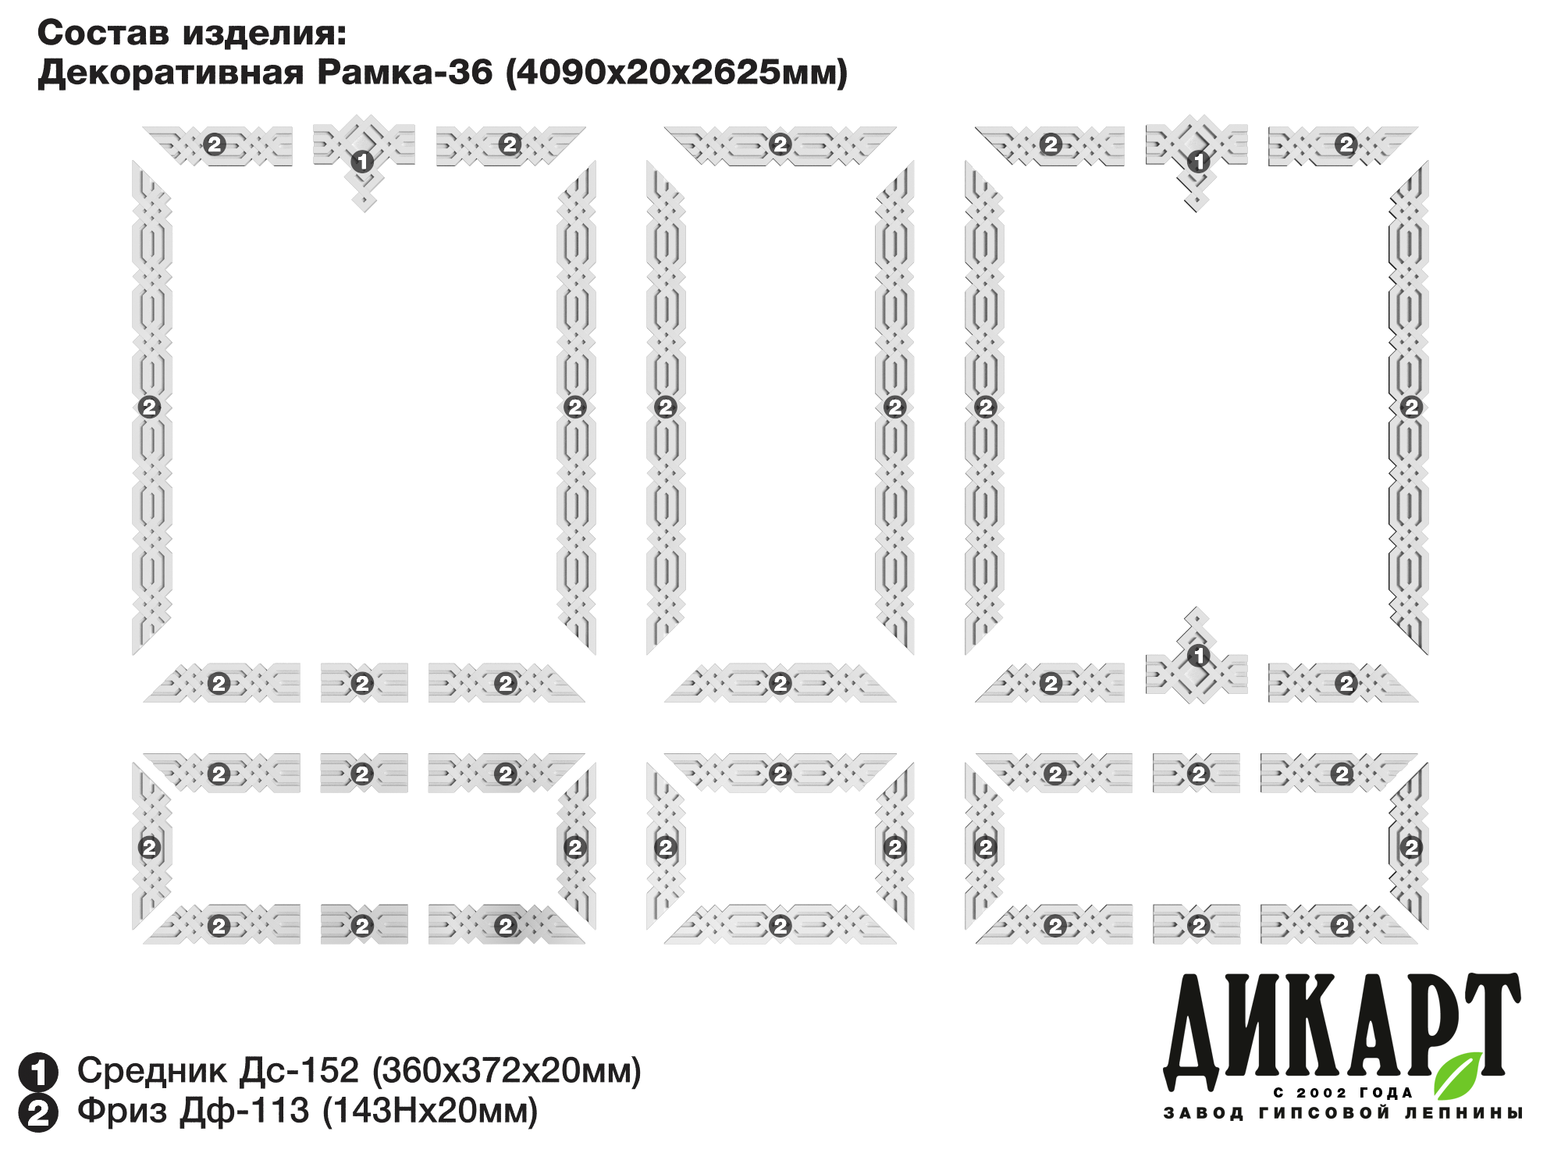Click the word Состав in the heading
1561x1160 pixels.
click(103, 33)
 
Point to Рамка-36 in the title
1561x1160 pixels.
click(405, 72)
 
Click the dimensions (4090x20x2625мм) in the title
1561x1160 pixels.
click(677, 73)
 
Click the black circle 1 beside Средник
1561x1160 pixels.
click(38, 1072)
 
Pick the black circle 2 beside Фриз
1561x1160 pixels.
click(38, 1113)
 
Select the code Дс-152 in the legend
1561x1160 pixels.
click(299, 1070)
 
